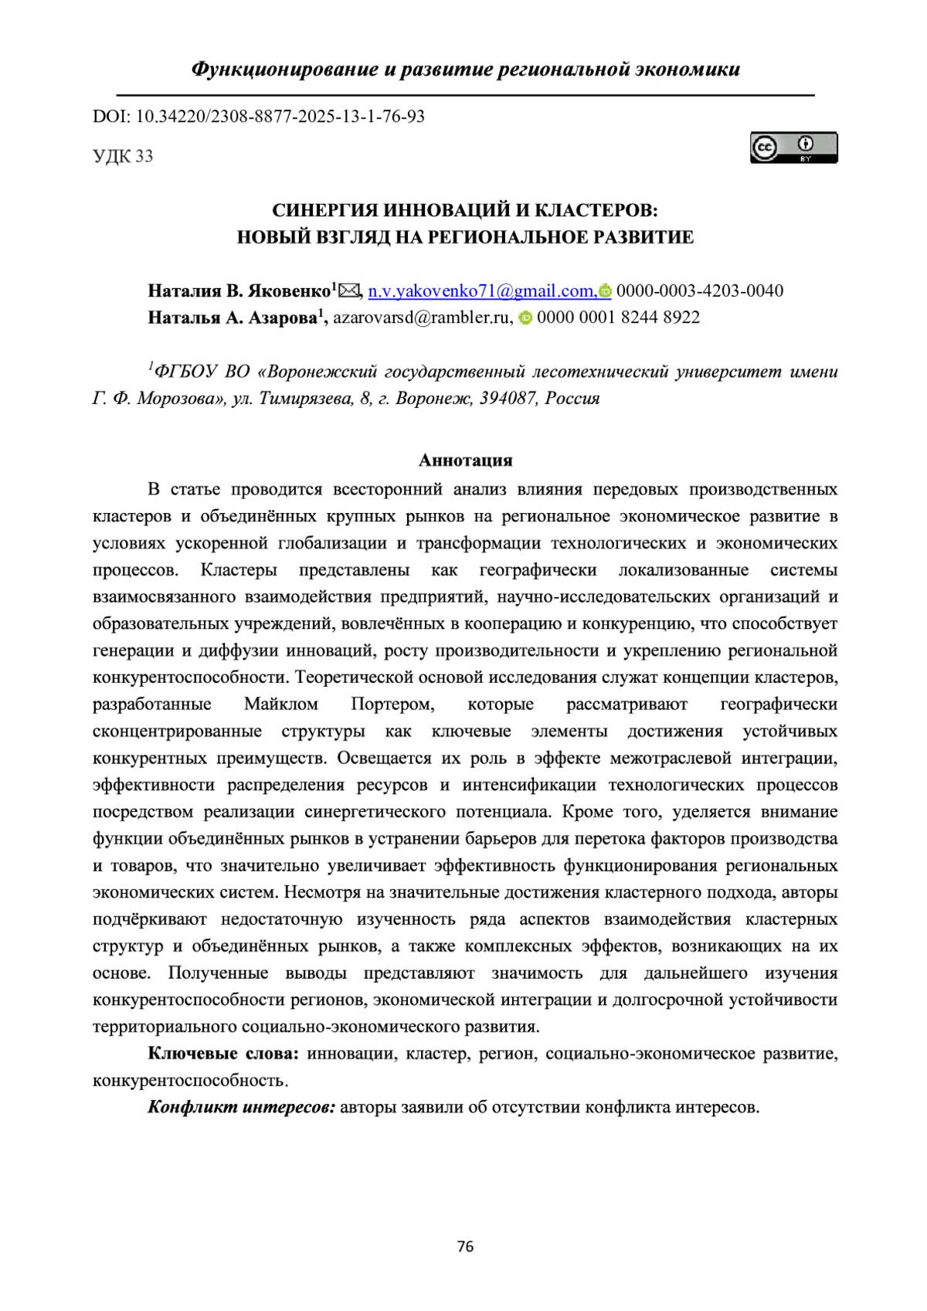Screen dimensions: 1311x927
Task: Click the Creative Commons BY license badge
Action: [793, 148]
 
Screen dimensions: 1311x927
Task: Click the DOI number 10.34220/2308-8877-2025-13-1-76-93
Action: [280, 117]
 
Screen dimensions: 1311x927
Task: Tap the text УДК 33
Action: [123, 156]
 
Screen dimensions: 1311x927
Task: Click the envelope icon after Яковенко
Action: [349, 290]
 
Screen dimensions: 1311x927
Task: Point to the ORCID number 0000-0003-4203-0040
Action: [699, 290]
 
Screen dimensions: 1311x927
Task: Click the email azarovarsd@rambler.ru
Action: [422, 317]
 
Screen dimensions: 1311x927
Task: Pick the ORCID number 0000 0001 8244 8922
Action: [618, 317]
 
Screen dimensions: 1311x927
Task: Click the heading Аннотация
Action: [465, 460]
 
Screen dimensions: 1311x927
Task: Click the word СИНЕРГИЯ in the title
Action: [326, 210]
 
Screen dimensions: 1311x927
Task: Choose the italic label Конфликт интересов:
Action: [241, 1107]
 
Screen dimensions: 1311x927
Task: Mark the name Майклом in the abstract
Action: [280, 705]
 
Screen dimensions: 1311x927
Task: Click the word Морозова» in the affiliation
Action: [181, 399]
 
